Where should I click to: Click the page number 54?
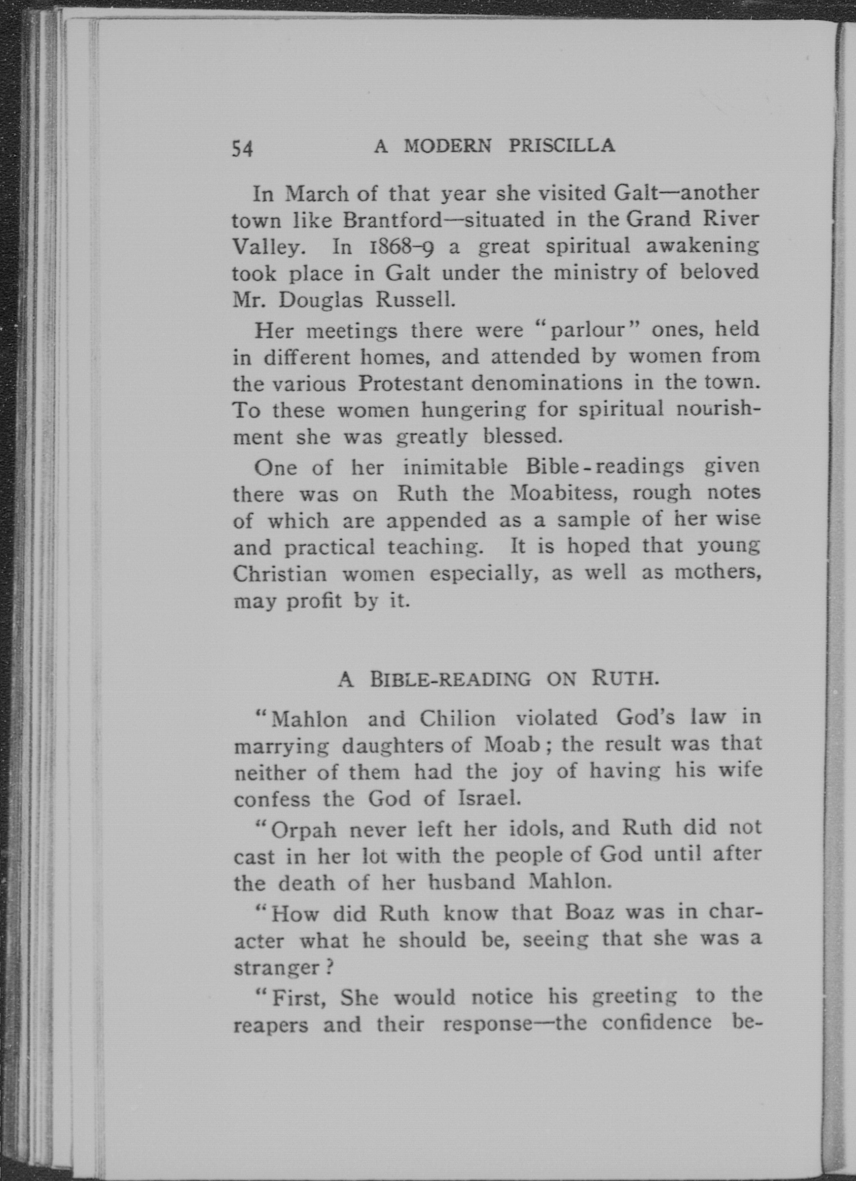(x=242, y=149)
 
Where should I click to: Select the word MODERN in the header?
(x=447, y=146)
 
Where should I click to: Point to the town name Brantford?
(x=392, y=221)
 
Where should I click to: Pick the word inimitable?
(x=455, y=467)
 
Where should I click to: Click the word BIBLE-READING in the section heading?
(x=450, y=680)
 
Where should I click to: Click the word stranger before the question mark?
(x=276, y=968)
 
